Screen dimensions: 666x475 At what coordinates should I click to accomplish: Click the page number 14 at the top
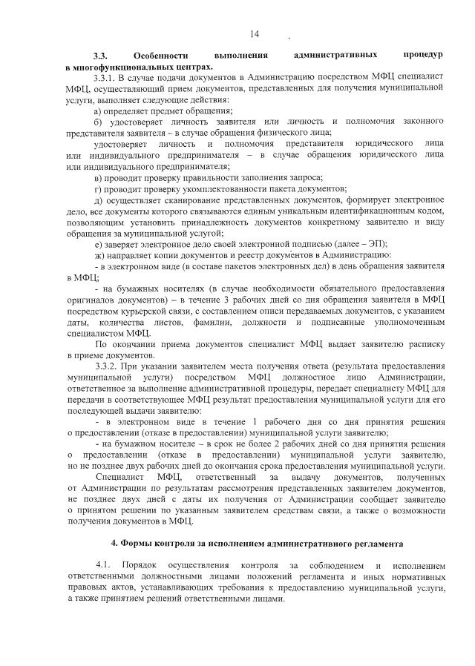255,35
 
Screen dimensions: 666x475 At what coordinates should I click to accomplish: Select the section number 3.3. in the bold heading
102,56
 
